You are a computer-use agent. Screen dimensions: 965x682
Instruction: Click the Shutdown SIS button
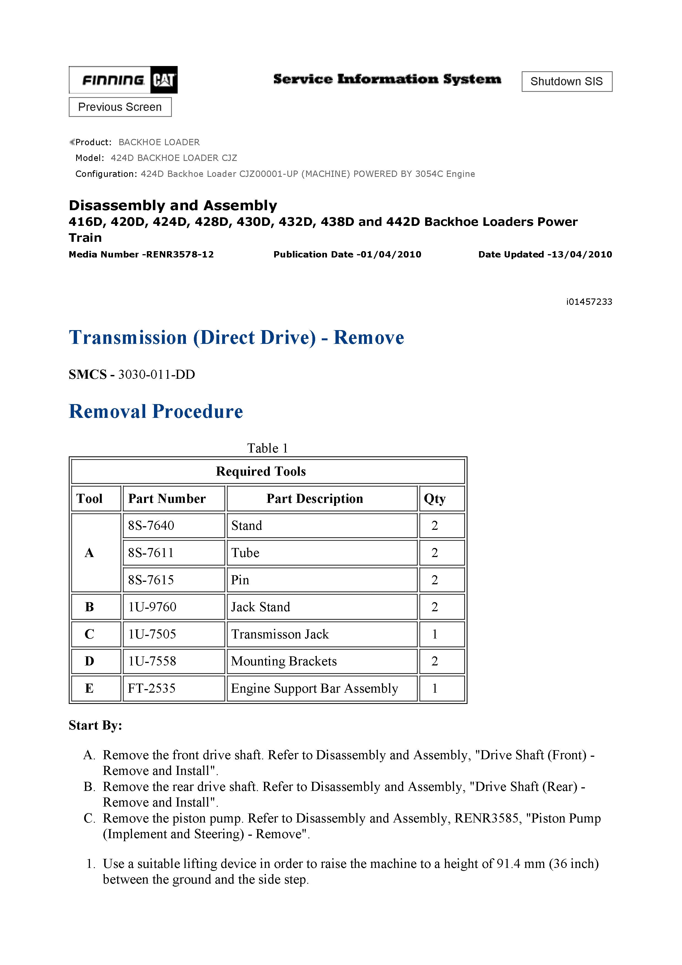[x=566, y=81]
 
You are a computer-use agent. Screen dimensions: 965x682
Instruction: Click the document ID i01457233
[x=589, y=302]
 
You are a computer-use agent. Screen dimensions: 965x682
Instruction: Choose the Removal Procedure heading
[x=156, y=412]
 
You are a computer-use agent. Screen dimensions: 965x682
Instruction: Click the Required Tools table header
[x=260, y=471]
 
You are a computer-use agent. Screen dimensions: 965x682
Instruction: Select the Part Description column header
[x=315, y=499]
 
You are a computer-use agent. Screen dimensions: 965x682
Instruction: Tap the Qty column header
[x=435, y=499]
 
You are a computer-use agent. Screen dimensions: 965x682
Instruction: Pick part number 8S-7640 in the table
[x=151, y=526]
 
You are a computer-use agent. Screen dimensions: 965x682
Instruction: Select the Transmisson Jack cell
[x=280, y=634]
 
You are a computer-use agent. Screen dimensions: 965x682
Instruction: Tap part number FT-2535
[x=152, y=689]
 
